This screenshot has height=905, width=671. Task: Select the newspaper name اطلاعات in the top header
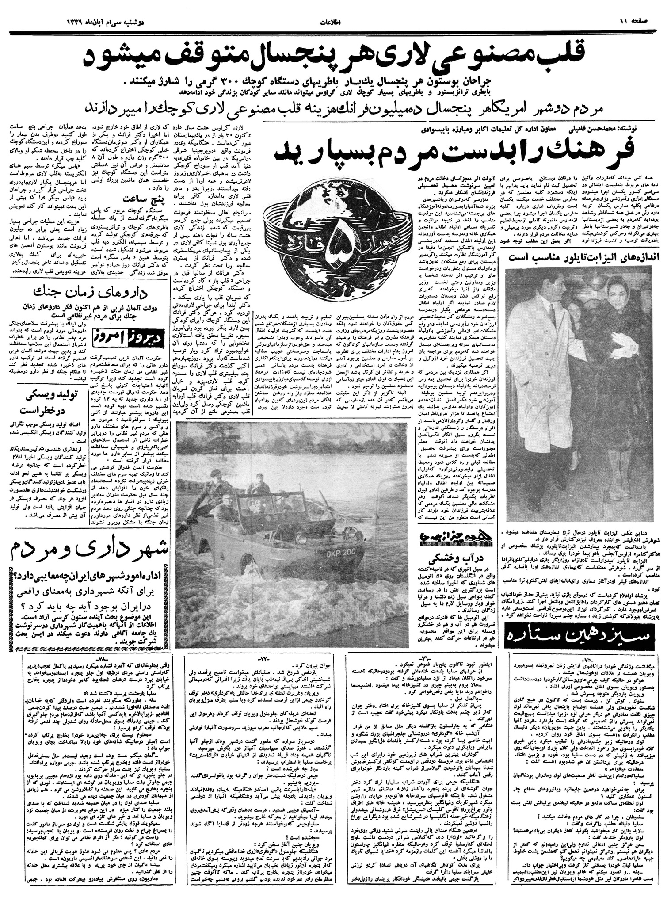tap(335, 21)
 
